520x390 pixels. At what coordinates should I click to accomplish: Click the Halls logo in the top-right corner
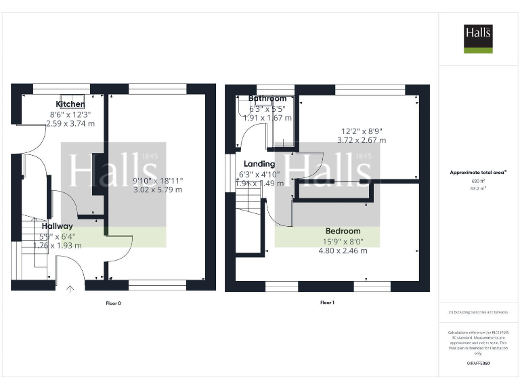[x=478, y=38]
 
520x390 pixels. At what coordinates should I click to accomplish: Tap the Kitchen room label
[x=70, y=104]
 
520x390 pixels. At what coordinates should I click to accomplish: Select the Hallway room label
[x=57, y=226]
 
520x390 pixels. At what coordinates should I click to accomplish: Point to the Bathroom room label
[x=267, y=99]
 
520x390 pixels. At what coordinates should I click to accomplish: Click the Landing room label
[x=259, y=164]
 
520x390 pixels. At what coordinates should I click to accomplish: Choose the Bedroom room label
[x=343, y=231]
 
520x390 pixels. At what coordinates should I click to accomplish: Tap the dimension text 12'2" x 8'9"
[x=362, y=131]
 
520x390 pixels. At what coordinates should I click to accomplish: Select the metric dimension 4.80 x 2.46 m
[x=343, y=251]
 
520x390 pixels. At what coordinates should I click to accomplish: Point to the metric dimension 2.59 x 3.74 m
[x=70, y=123]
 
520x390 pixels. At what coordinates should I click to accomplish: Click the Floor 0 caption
[x=113, y=303]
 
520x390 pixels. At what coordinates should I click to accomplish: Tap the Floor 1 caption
[x=328, y=303]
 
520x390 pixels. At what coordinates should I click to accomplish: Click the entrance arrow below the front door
[x=70, y=289]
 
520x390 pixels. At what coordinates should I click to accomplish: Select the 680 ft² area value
[x=478, y=181]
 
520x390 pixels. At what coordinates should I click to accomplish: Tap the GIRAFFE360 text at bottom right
[x=478, y=364]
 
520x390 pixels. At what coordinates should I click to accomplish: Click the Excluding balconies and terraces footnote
[x=478, y=312]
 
